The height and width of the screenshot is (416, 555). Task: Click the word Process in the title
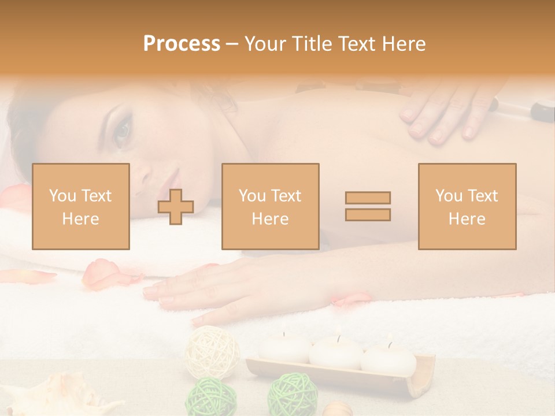click(182, 44)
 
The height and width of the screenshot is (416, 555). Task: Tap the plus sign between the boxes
click(176, 207)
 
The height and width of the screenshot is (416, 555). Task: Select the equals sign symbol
click(368, 206)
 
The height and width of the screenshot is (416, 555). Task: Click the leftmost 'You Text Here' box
click(80, 206)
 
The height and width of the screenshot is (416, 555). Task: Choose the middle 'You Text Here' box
click(270, 206)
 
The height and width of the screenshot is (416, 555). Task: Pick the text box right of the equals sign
click(467, 206)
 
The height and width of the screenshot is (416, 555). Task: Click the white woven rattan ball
click(212, 351)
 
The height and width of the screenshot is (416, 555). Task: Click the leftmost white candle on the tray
click(284, 348)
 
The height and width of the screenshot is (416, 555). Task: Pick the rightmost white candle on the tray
click(388, 358)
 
